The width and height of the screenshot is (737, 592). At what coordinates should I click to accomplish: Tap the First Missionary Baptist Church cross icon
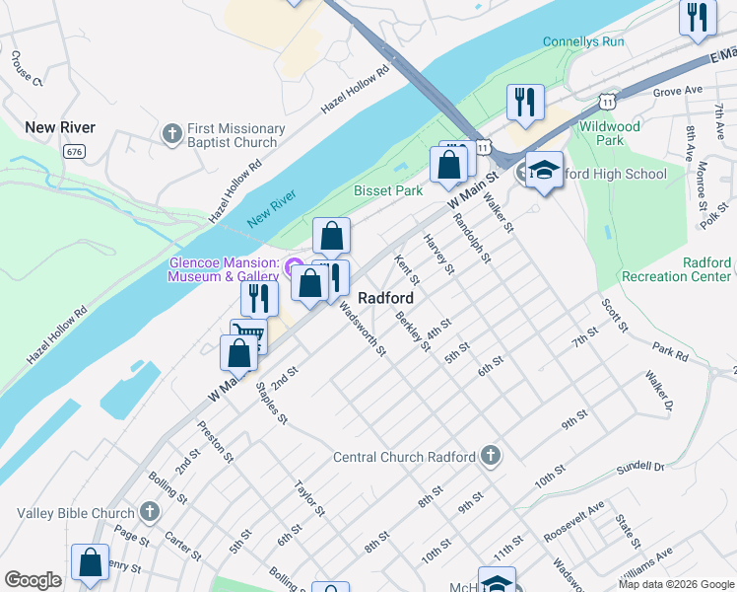171,132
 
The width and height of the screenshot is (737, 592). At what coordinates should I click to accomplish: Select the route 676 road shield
73,151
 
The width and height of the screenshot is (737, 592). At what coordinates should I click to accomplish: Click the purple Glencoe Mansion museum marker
293,266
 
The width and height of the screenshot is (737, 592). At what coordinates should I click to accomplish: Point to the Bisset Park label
388,190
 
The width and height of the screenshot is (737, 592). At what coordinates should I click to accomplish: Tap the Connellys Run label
583,42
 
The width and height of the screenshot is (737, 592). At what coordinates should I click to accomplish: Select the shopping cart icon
248,336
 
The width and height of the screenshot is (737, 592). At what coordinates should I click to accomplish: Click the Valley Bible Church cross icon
149,512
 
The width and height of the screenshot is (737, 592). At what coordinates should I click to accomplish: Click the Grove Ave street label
677,91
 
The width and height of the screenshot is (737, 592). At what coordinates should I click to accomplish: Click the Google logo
33,580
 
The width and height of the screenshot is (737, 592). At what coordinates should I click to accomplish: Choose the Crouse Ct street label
27,68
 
